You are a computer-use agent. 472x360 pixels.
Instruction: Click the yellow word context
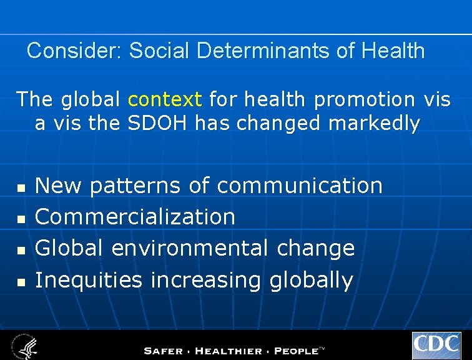coord(165,99)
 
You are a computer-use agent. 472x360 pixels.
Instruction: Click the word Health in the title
coord(393,51)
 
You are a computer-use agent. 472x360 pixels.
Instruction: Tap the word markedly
coord(374,124)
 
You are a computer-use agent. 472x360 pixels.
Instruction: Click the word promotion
coord(365,99)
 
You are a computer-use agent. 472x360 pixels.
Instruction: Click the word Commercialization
coord(135,217)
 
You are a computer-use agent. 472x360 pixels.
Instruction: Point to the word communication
coord(300,186)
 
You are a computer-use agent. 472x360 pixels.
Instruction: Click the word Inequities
coord(89,280)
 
